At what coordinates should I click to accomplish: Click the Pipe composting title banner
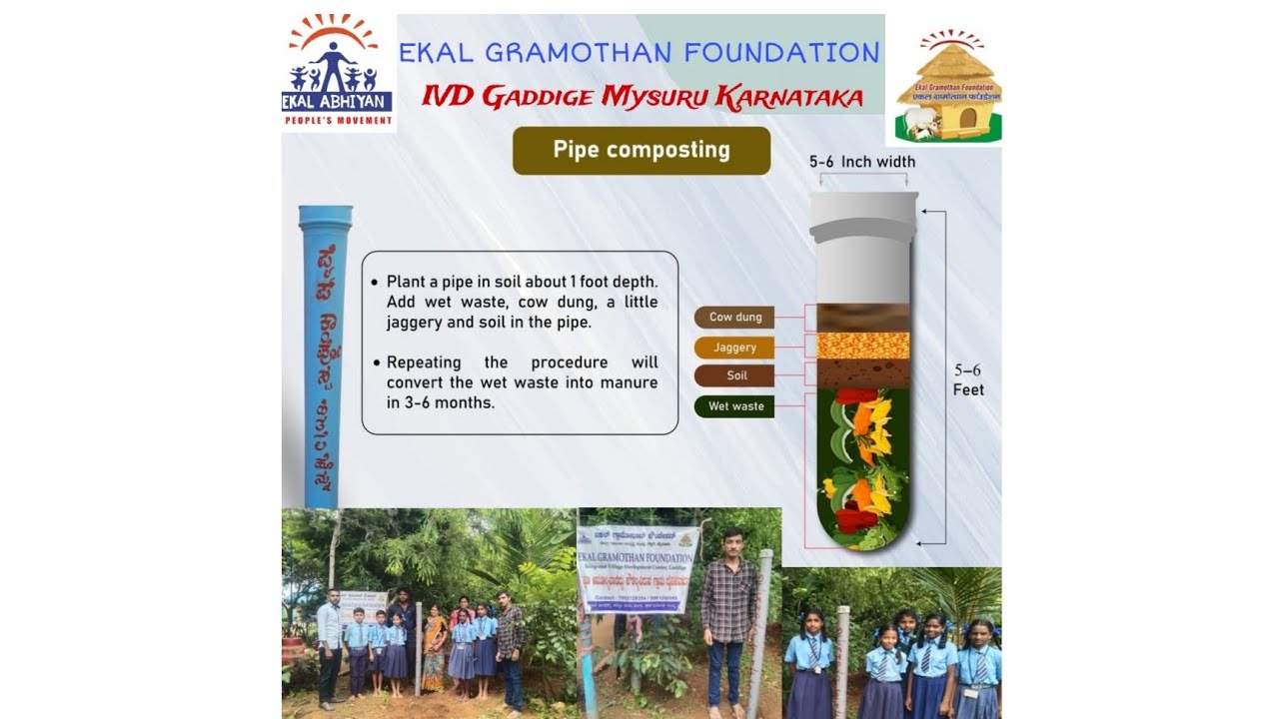pos(641,151)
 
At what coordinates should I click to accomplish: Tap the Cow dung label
pos(734,318)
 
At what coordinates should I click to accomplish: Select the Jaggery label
pos(734,348)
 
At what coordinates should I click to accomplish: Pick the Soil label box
pos(734,376)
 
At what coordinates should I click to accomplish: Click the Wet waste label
pos(734,406)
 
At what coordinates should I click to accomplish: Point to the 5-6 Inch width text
pos(861,162)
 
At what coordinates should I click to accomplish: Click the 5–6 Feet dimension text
pos(967,380)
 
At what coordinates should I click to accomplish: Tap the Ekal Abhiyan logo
pos(338,72)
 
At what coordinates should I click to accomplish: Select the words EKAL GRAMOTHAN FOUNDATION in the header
pos(639,53)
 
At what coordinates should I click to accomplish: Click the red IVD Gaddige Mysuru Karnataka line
pos(641,97)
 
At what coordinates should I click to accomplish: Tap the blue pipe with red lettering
pos(324,355)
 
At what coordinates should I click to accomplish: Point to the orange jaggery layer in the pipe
pos(862,346)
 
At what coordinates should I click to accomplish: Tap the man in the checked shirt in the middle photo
pos(728,619)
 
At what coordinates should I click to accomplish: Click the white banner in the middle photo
pos(637,569)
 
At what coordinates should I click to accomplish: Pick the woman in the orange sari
pos(435,649)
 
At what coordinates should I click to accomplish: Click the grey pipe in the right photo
pos(842,659)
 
